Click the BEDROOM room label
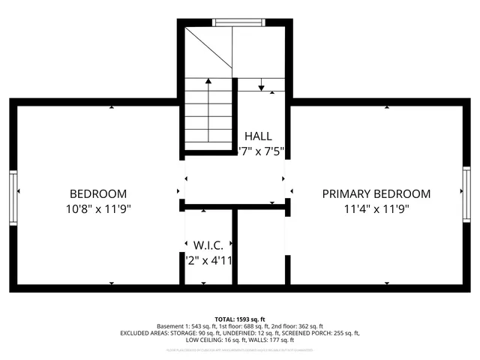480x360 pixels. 98,193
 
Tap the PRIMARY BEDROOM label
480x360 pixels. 376,193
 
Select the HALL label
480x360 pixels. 258,136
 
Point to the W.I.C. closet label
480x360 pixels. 209,245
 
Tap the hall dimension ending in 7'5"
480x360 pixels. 260,151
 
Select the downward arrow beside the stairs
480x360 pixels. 261,86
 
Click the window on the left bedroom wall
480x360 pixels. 13,196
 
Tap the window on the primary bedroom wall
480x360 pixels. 466,196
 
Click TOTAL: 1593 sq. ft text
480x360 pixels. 239,319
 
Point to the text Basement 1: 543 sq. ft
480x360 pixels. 184,327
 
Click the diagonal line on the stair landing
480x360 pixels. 207,49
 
